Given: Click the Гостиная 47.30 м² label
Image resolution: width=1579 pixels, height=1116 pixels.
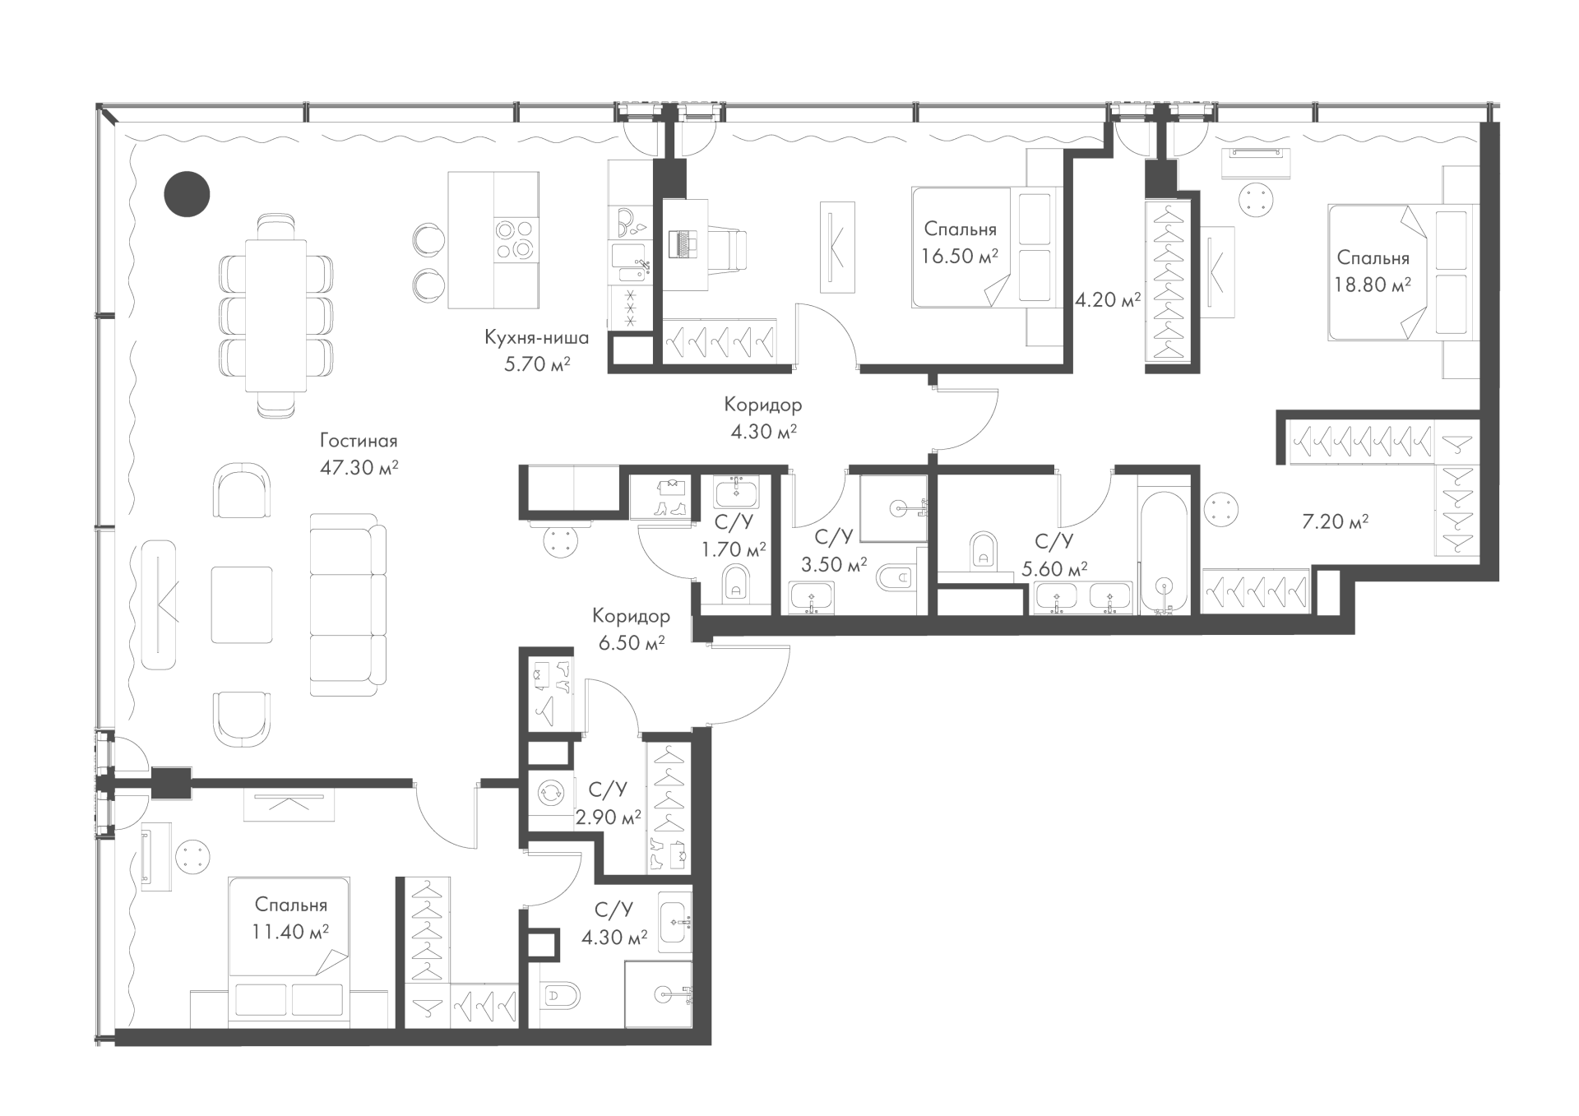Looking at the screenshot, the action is [359, 455].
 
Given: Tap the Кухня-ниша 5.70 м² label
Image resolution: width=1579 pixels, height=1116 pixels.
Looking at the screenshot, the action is [536, 350].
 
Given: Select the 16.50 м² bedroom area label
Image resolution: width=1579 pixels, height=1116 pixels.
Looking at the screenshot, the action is [960, 243].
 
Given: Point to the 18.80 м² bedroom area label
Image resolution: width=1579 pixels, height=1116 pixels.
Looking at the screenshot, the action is [1373, 271].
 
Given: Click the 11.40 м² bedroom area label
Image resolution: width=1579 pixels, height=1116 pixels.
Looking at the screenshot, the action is [291, 919].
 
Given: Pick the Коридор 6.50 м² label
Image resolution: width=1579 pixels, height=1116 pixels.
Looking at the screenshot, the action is [631, 629].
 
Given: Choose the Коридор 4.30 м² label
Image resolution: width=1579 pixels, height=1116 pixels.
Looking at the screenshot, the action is [762, 418].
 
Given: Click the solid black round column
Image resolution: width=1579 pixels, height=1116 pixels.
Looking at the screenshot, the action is [187, 194].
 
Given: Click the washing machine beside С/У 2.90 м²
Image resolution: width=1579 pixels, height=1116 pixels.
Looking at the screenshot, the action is [547, 794].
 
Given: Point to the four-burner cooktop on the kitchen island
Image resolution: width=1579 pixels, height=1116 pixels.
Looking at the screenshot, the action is [516, 238].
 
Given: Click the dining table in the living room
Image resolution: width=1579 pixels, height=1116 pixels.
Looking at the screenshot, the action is [276, 317].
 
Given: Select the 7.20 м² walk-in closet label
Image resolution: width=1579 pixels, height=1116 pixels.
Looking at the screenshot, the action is [1335, 521].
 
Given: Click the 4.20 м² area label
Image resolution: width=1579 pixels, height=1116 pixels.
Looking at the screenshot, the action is [1108, 300].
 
